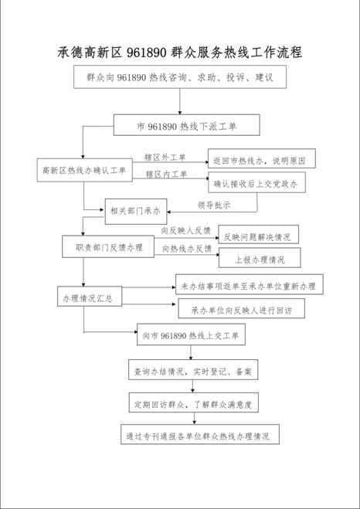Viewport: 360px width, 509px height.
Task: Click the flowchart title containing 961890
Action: coord(179,52)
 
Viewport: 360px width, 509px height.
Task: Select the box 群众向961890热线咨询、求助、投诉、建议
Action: coord(180,77)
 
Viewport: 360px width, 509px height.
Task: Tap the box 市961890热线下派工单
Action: coord(186,125)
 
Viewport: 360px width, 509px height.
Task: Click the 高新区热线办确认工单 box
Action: coord(84,170)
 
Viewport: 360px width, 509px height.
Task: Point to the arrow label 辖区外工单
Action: coord(165,158)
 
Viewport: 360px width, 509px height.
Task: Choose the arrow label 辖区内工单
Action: coord(166,175)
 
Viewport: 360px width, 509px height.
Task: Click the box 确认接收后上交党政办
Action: coord(256,182)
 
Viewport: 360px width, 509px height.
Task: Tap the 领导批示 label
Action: coord(214,205)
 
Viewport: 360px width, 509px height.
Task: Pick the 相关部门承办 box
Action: coord(136,212)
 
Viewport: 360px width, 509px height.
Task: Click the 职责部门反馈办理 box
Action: coord(108,246)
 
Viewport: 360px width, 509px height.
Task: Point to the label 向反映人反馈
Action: coord(186,231)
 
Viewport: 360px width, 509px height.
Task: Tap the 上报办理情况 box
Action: coord(260,258)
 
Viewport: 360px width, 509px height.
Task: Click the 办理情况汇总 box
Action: coord(90,296)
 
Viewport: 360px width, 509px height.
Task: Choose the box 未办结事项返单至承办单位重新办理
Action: coord(250,284)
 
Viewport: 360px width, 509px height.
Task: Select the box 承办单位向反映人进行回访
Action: coord(242,308)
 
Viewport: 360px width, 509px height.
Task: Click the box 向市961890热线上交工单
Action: coord(191,334)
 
